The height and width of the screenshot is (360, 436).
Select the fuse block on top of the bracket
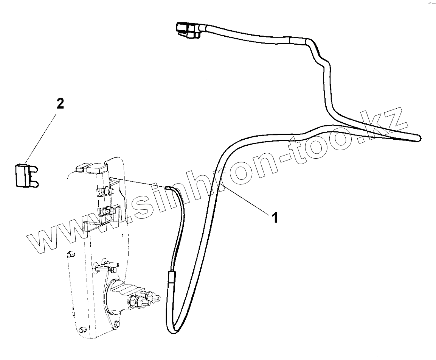coord(91,169)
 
